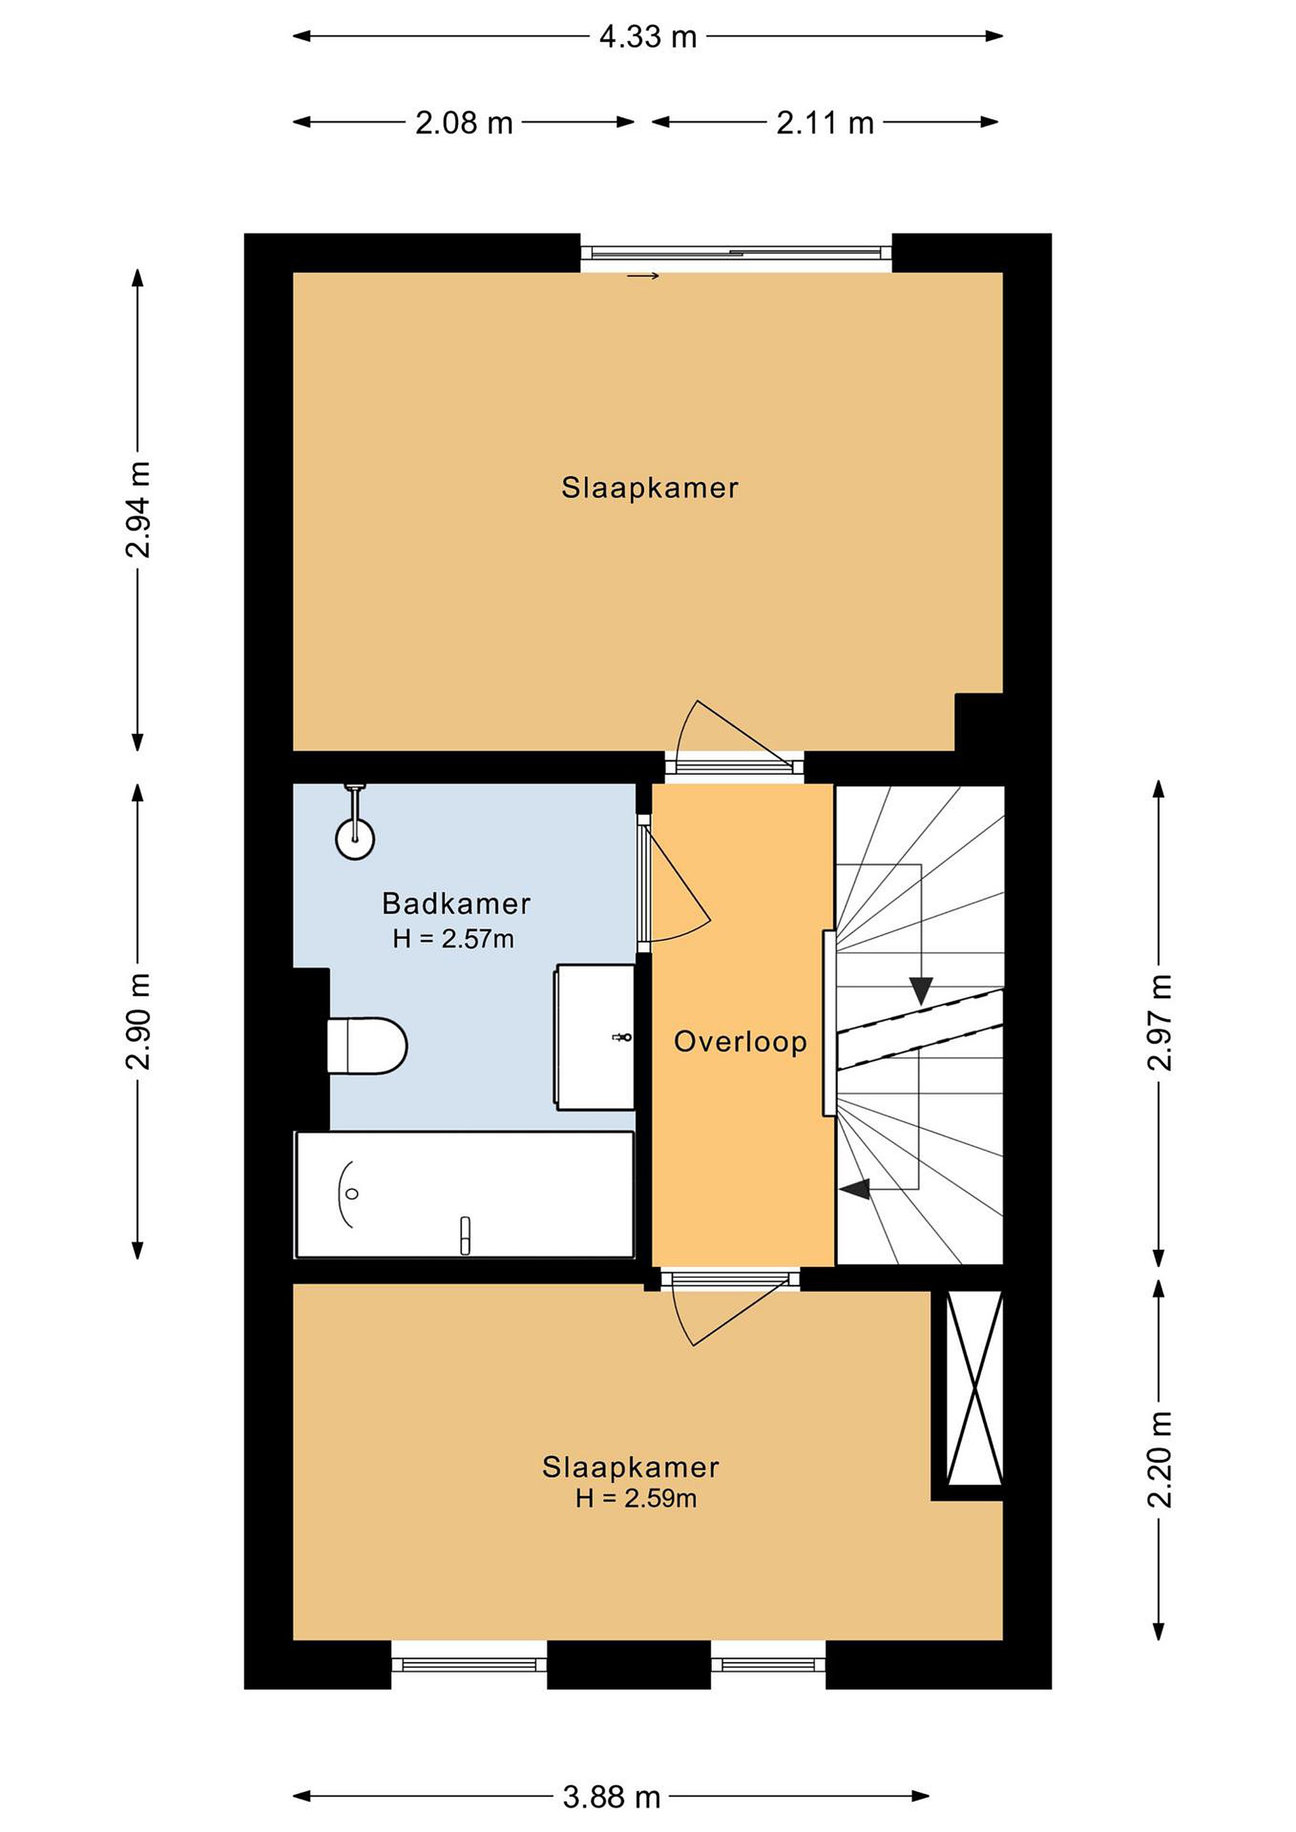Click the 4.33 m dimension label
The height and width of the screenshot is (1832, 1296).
[x=647, y=37]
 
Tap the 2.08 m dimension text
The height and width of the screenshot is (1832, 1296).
[x=464, y=123]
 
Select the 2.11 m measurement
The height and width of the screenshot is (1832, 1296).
[x=825, y=123]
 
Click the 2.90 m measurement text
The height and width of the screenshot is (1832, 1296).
[x=138, y=1022]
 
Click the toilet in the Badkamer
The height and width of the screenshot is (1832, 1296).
[x=367, y=1045]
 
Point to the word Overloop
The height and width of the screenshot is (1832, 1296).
[x=740, y=1041]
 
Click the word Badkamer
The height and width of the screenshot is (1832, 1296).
[x=456, y=903]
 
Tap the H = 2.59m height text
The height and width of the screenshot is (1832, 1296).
[x=636, y=1499]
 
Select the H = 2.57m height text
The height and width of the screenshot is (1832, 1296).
[x=453, y=938]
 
